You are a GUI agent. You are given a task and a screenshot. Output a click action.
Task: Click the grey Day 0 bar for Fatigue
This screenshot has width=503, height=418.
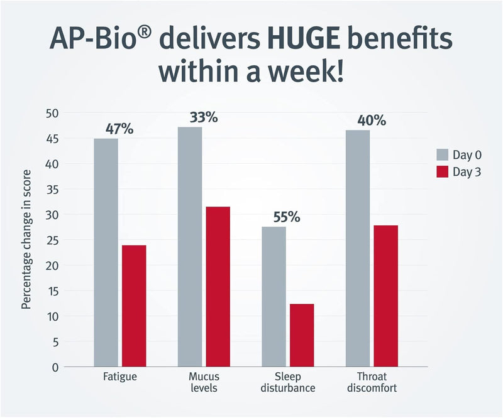pyautogui.click(x=106, y=252)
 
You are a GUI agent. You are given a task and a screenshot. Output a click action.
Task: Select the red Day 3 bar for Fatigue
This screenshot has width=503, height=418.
pyautogui.click(x=134, y=306)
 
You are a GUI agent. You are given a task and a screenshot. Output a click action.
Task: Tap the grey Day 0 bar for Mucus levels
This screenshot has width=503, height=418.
pyautogui.click(x=190, y=246)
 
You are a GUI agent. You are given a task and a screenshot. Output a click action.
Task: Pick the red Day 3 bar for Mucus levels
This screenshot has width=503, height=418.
pyautogui.click(x=218, y=286)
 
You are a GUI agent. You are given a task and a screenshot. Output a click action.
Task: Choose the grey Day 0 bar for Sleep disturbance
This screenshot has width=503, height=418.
pyautogui.click(x=274, y=296)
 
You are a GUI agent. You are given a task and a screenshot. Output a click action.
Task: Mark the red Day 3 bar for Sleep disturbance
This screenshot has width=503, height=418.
pyautogui.click(x=302, y=335)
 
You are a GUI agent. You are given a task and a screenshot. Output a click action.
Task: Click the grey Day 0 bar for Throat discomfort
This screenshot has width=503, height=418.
pyautogui.click(x=358, y=248)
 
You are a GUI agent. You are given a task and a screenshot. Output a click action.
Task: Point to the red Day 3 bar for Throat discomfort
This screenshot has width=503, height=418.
pyautogui.click(x=385, y=295)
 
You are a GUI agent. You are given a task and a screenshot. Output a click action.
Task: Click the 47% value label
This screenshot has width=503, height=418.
pyautogui.click(x=119, y=129)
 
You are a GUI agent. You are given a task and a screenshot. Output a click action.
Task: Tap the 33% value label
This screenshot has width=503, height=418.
pyautogui.click(x=203, y=117)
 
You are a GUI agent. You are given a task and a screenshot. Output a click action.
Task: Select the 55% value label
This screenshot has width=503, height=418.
pyautogui.click(x=287, y=218)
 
